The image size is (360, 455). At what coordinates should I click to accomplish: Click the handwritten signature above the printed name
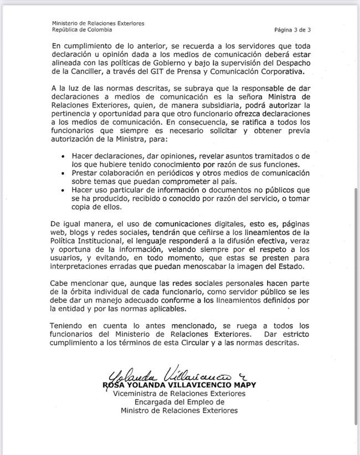pos(166,374)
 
